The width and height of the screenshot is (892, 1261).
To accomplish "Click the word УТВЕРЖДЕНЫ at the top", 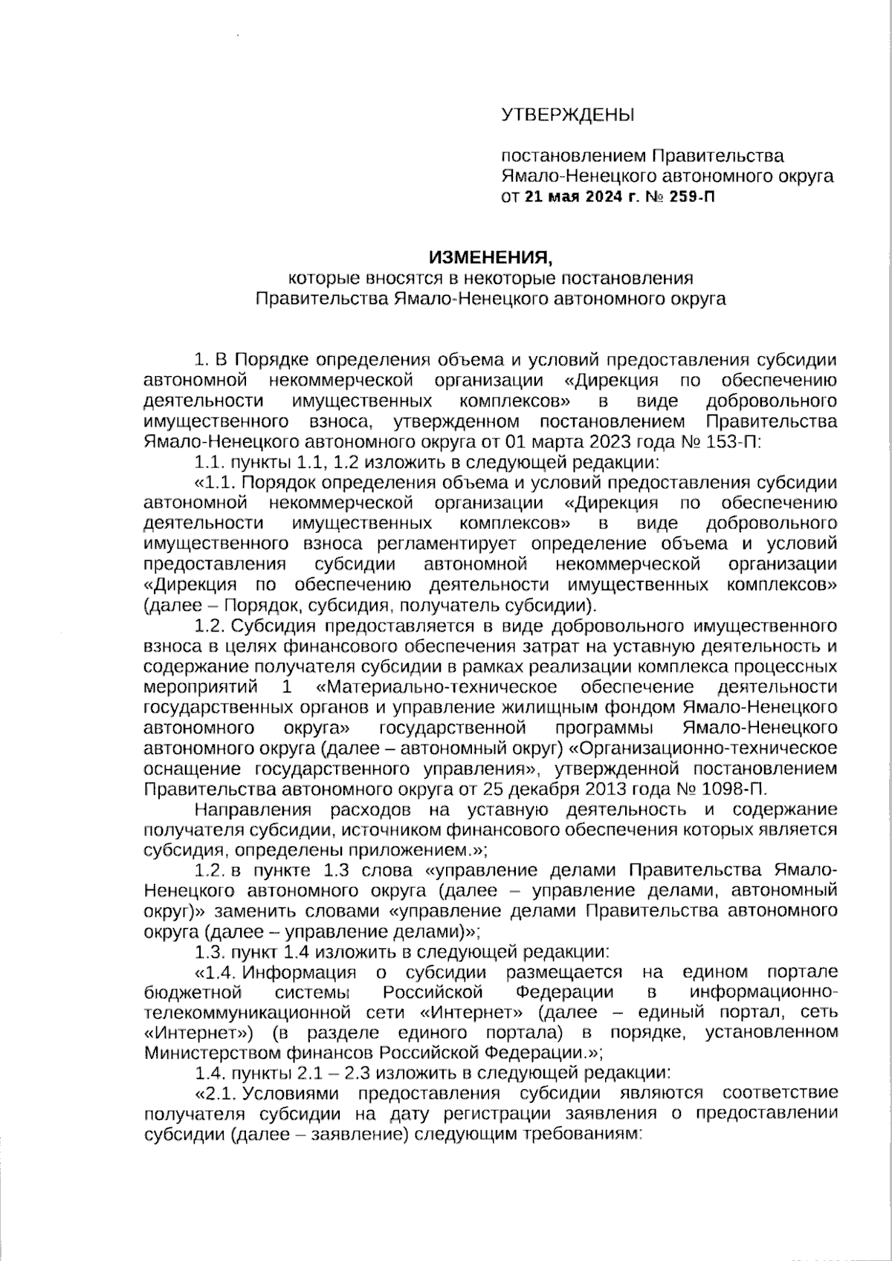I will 569,115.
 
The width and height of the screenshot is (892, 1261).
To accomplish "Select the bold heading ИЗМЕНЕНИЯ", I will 491,258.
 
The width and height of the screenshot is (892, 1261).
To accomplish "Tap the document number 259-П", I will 692,197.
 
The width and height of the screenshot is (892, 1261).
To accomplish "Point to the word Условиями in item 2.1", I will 290,1093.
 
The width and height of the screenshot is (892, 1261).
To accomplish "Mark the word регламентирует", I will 447,543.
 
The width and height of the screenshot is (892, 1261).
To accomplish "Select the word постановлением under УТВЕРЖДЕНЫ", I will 573,156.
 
